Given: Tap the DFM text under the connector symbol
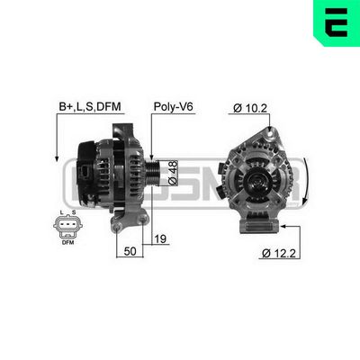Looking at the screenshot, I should coord(67,241).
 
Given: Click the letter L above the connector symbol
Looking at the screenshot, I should coord(59,212).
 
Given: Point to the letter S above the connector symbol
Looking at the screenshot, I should coord(74,212).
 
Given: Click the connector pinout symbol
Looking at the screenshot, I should coord(67,227).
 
